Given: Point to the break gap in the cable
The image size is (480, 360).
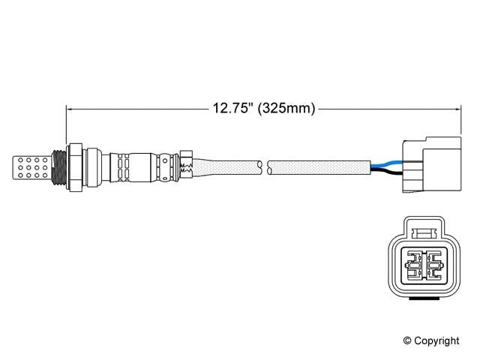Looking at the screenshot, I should pyautogui.click(x=265, y=165).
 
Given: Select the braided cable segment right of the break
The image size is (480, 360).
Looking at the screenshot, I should pyautogui.click(x=319, y=165).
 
